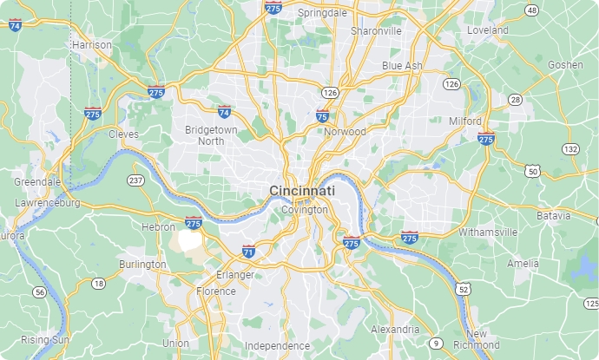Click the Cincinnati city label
pyautogui.click(x=302, y=191)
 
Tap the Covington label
pyautogui.click(x=305, y=210)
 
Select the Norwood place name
pyautogui.click(x=345, y=132)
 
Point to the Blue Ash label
pyautogui.click(x=403, y=66)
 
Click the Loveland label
pyautogui.click(x=487, y=29)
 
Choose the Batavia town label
pyautogui.click(x=553, y=214)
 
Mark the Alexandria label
pyautogui.click(x=395, y=330)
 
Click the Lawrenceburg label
pyautogui.click(x=47, y=203)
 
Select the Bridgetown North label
pyautogui.click(x=210, y=134)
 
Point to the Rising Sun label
pyautogui.click(x=45, y=339)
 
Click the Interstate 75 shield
pyautogui.click(x=322, y=115)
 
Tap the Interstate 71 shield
pyautogui.click(x=248, y=252)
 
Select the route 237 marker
pyautogui.click(x=135, y=180)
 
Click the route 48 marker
pyautogui.click(x=531, y=10)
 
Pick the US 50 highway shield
pyautogui.click(x=533, y=172)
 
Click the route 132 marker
pyautogui.click(x=570, y=149)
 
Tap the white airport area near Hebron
pyautogui.click(x=188, y=239)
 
